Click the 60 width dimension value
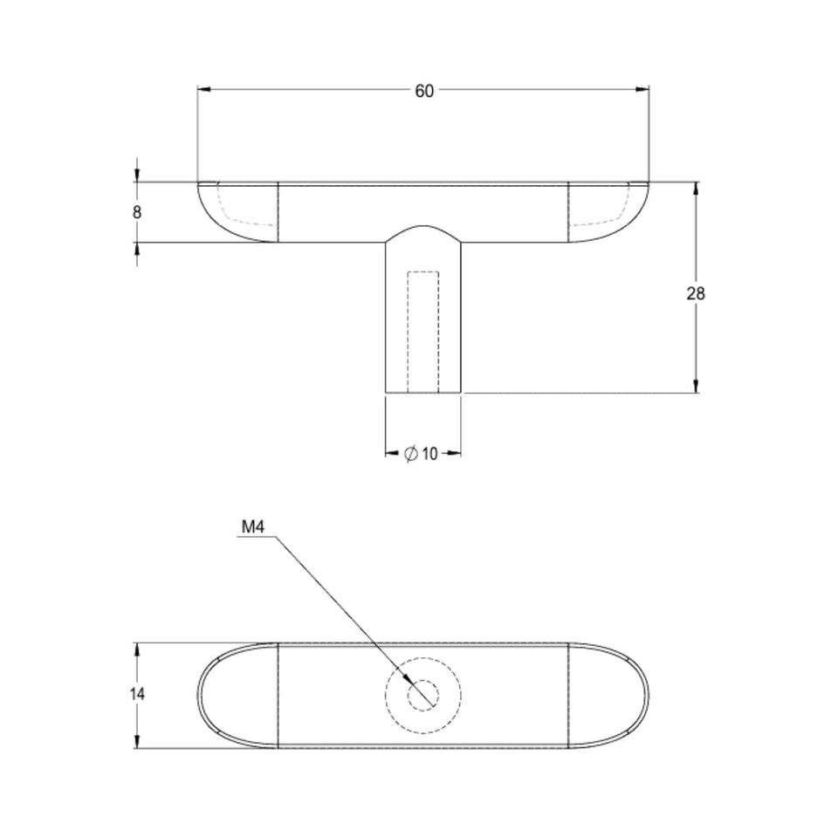[x=424, y=91]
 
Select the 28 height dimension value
[x=696, y=294]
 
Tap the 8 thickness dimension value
[x=137, y=212]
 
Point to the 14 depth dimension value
[x=137, y=694]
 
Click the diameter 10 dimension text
[x=421, y=454]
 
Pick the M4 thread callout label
[x=253, y=527]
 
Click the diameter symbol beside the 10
[x=410, y=454]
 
